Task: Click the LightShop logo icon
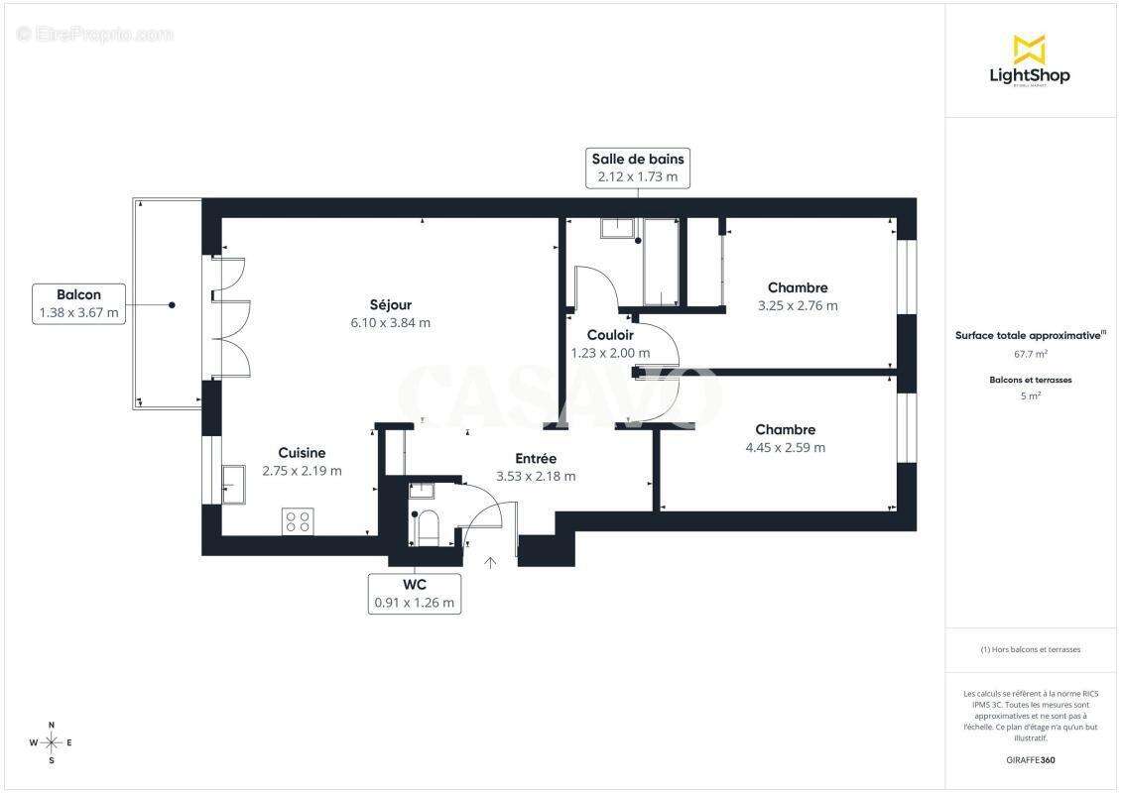pyautogui.click(x=1029, y=50)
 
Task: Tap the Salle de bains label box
pyautogui.click(x=637, y=168)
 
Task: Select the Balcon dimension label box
pyautogui.click(x=78, y=303)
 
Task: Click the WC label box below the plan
pyautogui.click(x=414, y=593)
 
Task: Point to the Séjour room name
pyautogui.click(x=390, y=305)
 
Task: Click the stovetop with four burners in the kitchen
pyautogui.click(x=298, y=520)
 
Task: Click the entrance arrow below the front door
pyautogui.click(x=489, y=563)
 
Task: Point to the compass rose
pyautogui.click(x=52, y=742)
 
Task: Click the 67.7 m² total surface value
pyautogui.click(x=1031, y=353)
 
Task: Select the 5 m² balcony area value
pyautogui.click(x=1031, y=396)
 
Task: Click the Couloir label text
pyautogui.click(x=610, y=335)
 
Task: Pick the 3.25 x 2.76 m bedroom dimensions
pyautogui.click(x=797, y=306)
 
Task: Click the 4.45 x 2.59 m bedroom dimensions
pyautogui.click(x=785, y=448)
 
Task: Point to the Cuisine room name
pyautogui.click(x=302, y=453)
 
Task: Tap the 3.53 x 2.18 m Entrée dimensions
pyautogui.click(x=536, y=477)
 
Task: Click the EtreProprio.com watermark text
pyautogui.click(x=95, y=35)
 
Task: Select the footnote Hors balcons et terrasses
pyautogui.click(x=1031, y=649)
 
